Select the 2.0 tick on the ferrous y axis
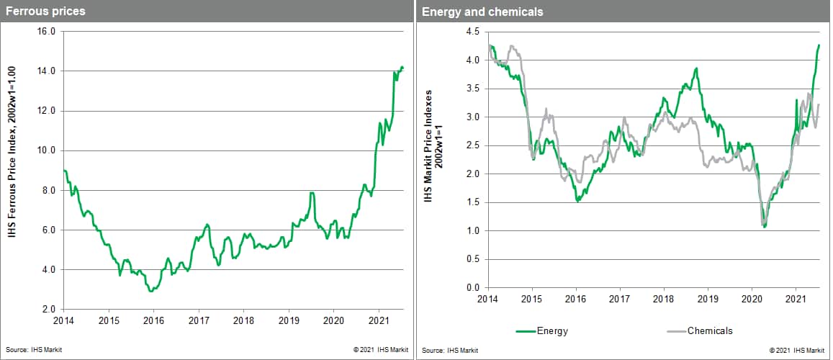point(48,309)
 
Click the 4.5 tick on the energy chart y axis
point(472,32)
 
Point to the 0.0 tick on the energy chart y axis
point(472,287)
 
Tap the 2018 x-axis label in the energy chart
point(663,298)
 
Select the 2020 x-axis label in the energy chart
point(752,298)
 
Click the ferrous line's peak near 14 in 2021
point(402,67)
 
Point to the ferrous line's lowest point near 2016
point(150,291)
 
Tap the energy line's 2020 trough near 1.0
point(764,227)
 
